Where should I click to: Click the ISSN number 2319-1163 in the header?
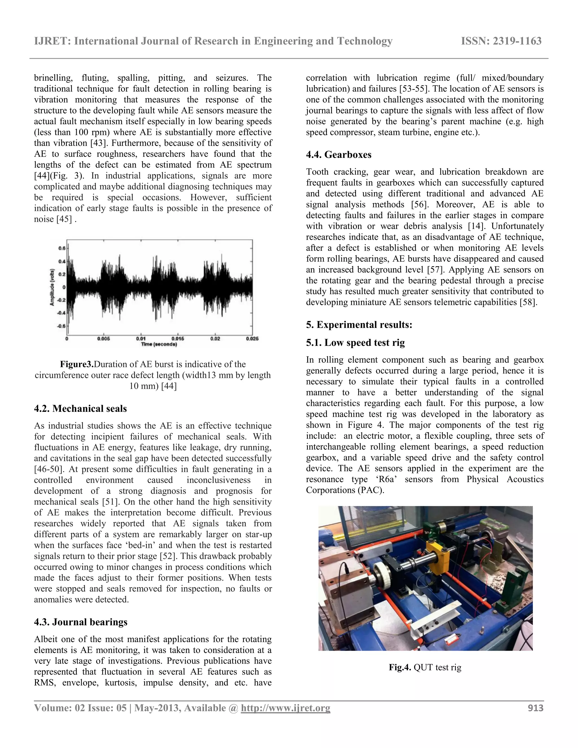click(x=501, y=41)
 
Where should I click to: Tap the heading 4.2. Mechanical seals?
click(x=80, y=409)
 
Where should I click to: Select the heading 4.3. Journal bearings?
click(x=80, y=622)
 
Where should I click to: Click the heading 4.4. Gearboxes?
click(x=339, y=155)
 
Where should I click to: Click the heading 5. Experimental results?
click(x=359, y=325)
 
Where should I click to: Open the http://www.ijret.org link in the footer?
click(x=285, y=708)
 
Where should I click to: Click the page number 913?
click(x=536, y=708)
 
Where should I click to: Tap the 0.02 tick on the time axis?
click(x=215, y=339)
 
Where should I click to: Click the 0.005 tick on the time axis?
click(x=103, y=339)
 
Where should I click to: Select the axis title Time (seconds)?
click(x=159, y=344)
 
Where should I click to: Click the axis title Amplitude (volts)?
click(x=52, y=287)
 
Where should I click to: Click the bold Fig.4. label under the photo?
click(x=400, y=667)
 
